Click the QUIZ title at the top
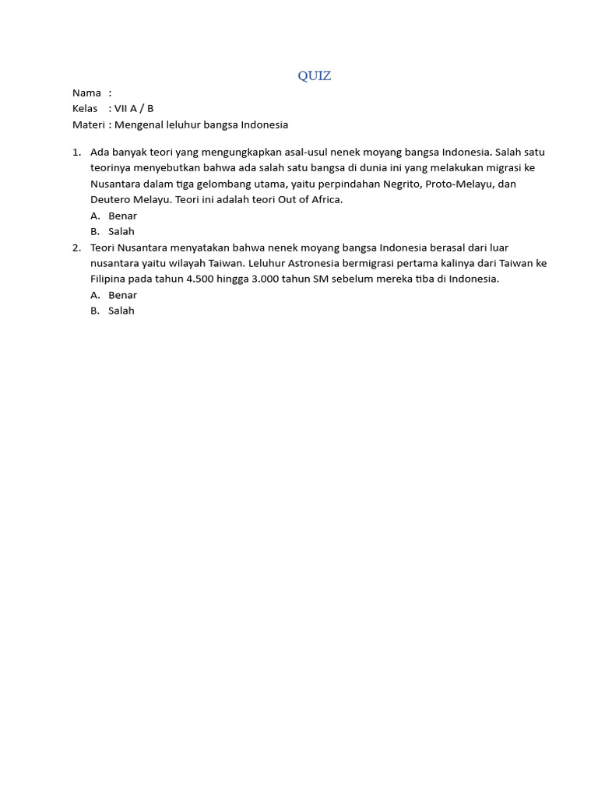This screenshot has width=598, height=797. point(314,75)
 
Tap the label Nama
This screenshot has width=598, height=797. point(86,93)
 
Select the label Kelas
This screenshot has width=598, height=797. point(85,108)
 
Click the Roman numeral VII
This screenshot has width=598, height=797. point(122,108)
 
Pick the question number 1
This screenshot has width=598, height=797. point(76,152)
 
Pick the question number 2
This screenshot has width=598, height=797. point(76,248)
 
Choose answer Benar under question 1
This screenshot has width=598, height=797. point(123,216)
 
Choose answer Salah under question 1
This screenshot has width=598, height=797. point(121,231)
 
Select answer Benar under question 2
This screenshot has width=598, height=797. point(123,295)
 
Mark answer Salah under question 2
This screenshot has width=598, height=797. point(121,311)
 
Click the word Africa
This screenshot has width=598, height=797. point(325,200)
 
